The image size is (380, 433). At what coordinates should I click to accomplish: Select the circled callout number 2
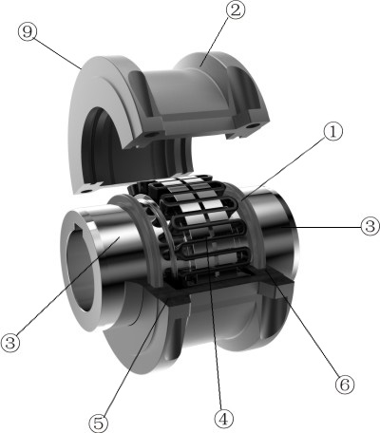point(235,12)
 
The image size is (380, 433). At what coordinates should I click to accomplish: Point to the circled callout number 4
point(222,417)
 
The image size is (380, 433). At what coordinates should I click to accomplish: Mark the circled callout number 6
point(345,386)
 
